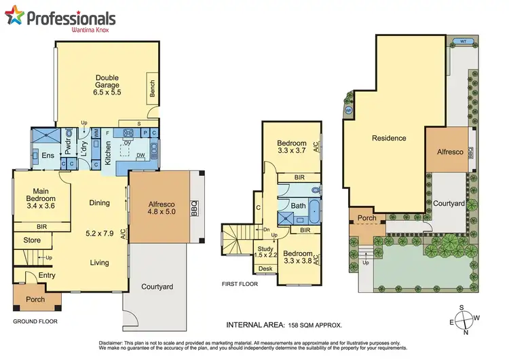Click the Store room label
32,240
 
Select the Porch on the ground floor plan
35,300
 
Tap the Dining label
99,202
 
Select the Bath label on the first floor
299,204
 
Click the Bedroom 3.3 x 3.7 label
292,147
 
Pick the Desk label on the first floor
265,269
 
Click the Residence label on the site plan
389,138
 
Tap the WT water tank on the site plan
464,41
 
